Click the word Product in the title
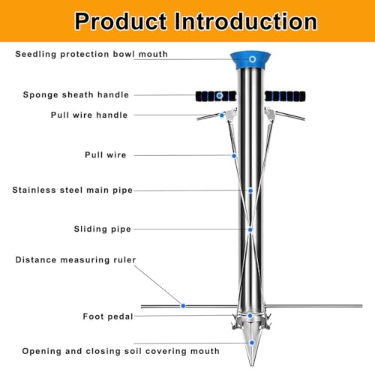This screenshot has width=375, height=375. click(x=121, y=22)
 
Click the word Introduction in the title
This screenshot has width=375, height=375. click(x=246, y=22)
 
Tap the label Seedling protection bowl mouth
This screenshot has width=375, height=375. click(x=91, y=54)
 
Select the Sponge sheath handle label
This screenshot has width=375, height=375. click(x=76, y=94)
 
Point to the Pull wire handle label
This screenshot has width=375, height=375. click(x=89, y=115)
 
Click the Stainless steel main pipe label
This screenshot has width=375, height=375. click(x=72, y=190)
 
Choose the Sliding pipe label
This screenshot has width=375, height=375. click(x=102, y=229)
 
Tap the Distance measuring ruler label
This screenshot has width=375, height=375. click(x=76, y=259)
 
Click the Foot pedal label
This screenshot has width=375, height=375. click(x=108, y=316)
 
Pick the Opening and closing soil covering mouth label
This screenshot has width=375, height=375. click(x=121, y=351)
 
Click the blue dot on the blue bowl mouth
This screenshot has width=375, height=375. click(x=252, y=59)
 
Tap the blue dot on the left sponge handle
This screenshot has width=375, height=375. click(x=220, y=95)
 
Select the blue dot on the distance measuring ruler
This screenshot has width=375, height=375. click(x=183, y=306)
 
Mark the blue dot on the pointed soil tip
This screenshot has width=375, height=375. click(x=252, y=343)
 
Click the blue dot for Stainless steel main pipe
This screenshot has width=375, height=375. click(x=250, y=190)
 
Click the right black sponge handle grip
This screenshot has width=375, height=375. click(x=285, y=96)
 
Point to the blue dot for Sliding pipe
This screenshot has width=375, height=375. click(x=250, y=229)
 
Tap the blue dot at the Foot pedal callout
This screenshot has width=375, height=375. click(x=250, y=316)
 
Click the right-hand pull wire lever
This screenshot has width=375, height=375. click(x=285, y=114)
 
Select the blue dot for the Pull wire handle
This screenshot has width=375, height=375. click(x=222, y=115)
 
